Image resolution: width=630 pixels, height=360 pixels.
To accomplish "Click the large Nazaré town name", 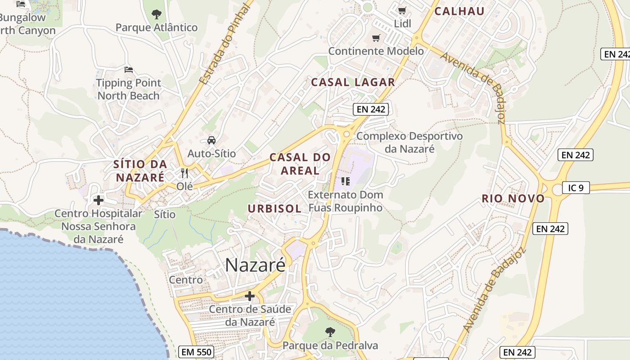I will tap(255, 265).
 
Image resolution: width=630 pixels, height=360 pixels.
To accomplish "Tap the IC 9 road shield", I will tap(576, 188).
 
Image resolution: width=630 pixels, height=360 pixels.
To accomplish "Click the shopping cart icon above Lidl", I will tap(402, 10).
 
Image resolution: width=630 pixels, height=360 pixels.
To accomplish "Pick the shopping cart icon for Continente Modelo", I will tap(376, 38).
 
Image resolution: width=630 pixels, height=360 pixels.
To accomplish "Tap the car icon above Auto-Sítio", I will tap(211, 140).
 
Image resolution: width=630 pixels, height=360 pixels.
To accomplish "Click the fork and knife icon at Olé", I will tap(184, 173).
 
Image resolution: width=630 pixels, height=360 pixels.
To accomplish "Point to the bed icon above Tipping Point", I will tap(129, 70).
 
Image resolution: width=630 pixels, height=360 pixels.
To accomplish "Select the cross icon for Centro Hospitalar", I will tap(99, 200).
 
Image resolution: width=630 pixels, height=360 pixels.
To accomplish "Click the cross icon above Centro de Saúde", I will tap(249, 296).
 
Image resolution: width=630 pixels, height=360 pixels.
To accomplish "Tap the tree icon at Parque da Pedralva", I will tap(330, 332).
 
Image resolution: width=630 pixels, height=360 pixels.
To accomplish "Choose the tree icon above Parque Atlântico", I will tap(156, 14).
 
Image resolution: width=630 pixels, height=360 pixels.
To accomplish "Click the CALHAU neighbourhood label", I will tap(459, 11).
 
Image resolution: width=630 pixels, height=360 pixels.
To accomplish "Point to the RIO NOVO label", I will tap(513, 198).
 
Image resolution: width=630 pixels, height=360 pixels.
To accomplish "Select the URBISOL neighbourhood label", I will tap(274, 208).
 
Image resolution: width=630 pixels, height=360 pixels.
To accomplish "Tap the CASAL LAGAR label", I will tap(353, 82).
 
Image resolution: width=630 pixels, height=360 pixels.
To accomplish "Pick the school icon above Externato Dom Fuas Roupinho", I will tap(346, 181).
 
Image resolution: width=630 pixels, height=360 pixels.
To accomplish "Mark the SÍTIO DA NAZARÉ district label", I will tap(140, 171).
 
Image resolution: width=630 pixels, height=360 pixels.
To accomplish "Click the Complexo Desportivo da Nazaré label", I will tap(409, 142).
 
